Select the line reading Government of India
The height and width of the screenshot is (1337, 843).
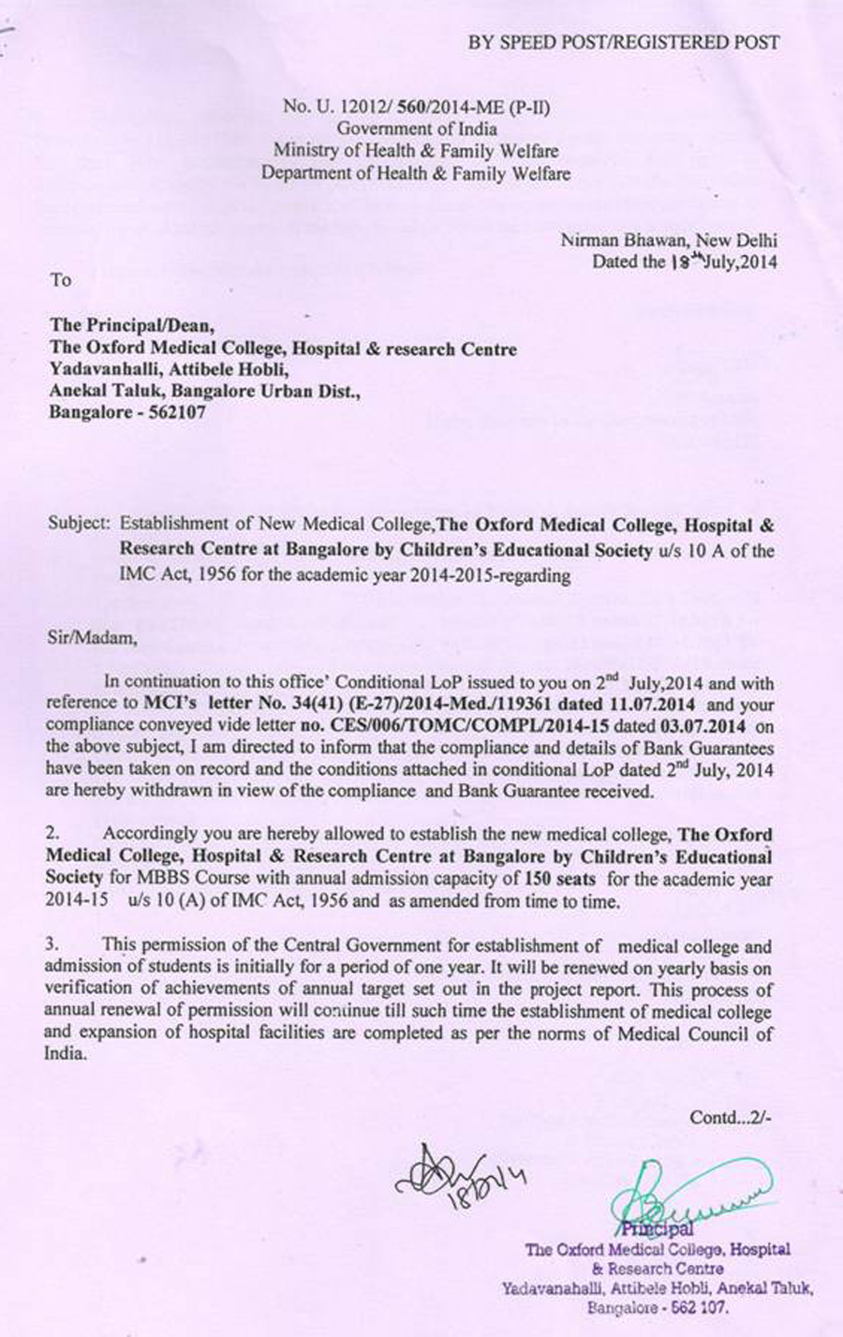tap(417, 129)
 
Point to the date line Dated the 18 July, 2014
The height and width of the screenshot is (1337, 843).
tap(684, 262)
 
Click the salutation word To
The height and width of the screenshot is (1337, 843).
tap(61, 280)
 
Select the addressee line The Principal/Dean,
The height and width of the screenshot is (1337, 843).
tap(132, 325)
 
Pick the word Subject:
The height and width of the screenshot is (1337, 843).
tap(80, 524)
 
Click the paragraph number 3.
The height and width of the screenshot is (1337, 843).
tap(52, 946)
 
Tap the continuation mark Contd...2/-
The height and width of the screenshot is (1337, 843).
tap(731, 1117)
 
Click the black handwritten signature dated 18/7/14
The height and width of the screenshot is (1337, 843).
tap(453, 1171)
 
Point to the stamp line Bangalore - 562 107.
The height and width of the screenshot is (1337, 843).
tap(657, 1308)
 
